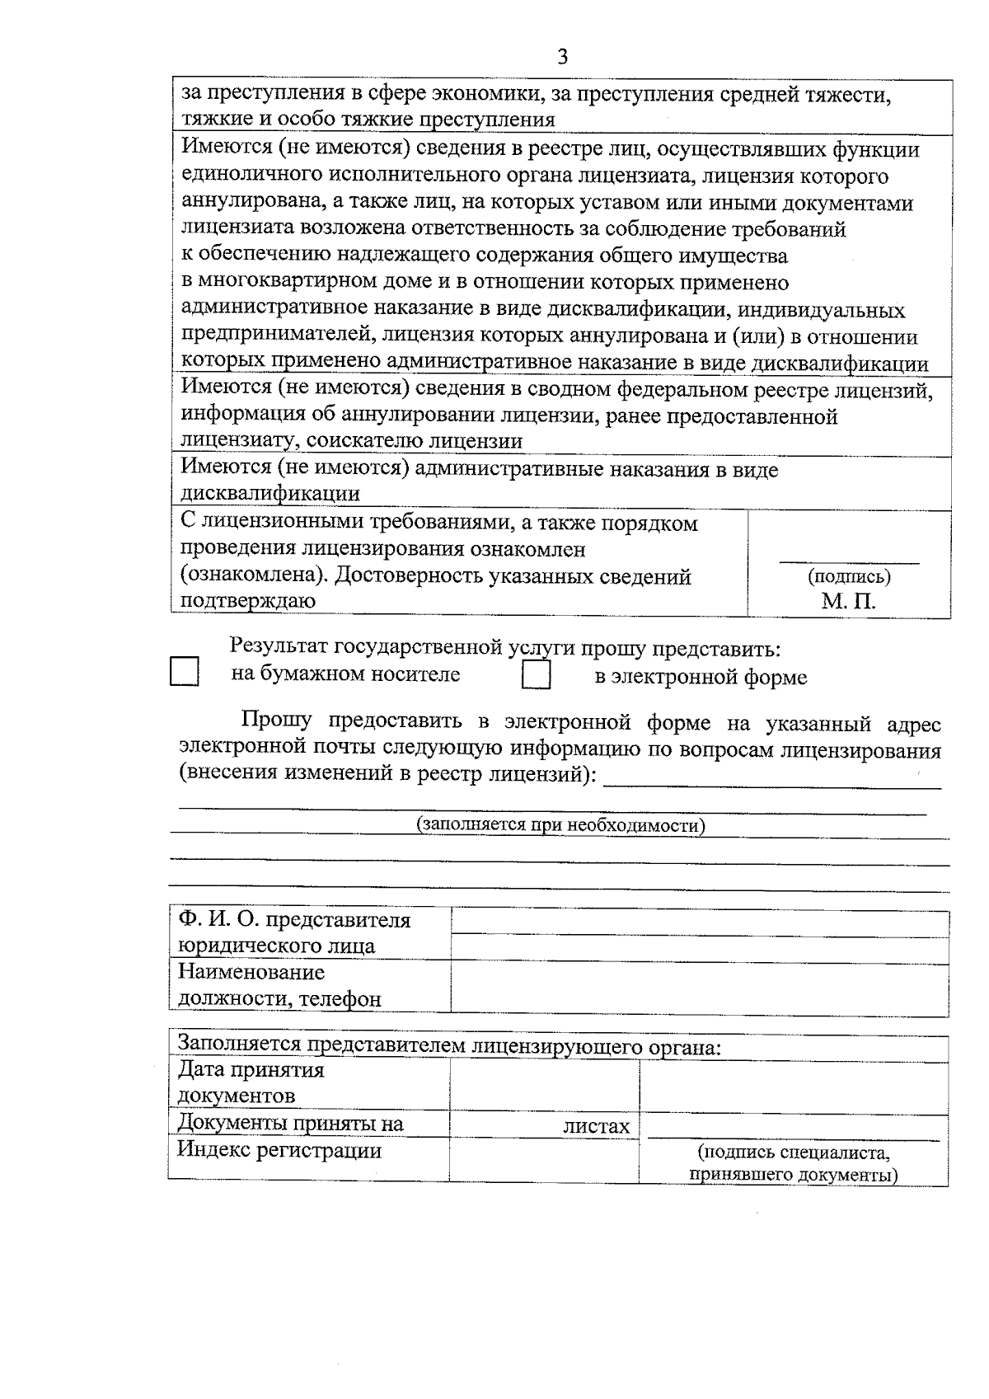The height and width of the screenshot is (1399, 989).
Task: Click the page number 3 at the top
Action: coord(563,56)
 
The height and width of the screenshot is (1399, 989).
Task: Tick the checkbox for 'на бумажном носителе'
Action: coord(185,671)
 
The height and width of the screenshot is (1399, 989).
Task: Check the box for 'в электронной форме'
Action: coord(537,675)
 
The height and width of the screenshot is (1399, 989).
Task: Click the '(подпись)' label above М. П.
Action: coord(849,576)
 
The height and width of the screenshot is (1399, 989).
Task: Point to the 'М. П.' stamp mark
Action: coord(848,601)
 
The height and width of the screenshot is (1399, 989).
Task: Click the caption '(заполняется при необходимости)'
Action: coord(560,825)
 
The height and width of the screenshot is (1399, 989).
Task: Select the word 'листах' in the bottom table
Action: coord(596,1126)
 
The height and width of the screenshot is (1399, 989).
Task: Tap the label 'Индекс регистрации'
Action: coord(279,1151)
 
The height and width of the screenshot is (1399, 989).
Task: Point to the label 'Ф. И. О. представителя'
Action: coord(294,920)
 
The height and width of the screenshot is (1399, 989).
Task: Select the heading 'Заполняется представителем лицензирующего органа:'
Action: coord(449,1046)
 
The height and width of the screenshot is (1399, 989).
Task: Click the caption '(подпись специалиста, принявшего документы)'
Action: coord(794,1163)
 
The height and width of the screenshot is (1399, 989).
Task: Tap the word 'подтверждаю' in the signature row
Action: coord(248,601)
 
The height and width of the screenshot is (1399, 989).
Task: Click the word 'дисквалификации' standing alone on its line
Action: coord(270,494)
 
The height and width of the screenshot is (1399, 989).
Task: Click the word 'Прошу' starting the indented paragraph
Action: coord(276,722)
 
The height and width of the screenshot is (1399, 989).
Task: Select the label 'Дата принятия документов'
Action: coord(251,1082)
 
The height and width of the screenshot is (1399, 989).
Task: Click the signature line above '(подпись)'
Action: coord(849,562)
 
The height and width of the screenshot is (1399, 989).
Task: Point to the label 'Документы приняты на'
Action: coord(291,1124)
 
